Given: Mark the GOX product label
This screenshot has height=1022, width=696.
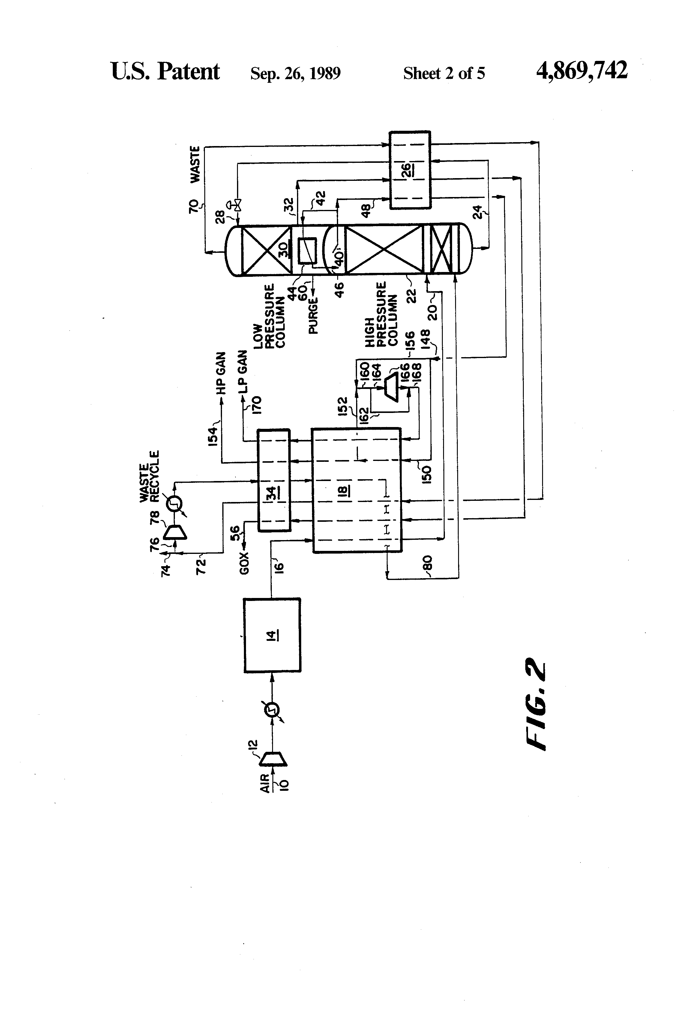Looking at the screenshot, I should [x=244, y=564].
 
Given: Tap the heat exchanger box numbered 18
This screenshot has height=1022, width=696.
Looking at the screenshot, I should [x=356, y=490].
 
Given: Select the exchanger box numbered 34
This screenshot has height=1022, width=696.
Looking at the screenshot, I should [x=274, y=480].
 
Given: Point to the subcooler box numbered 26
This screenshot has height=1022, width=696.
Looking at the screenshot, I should [x=410, y=169].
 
